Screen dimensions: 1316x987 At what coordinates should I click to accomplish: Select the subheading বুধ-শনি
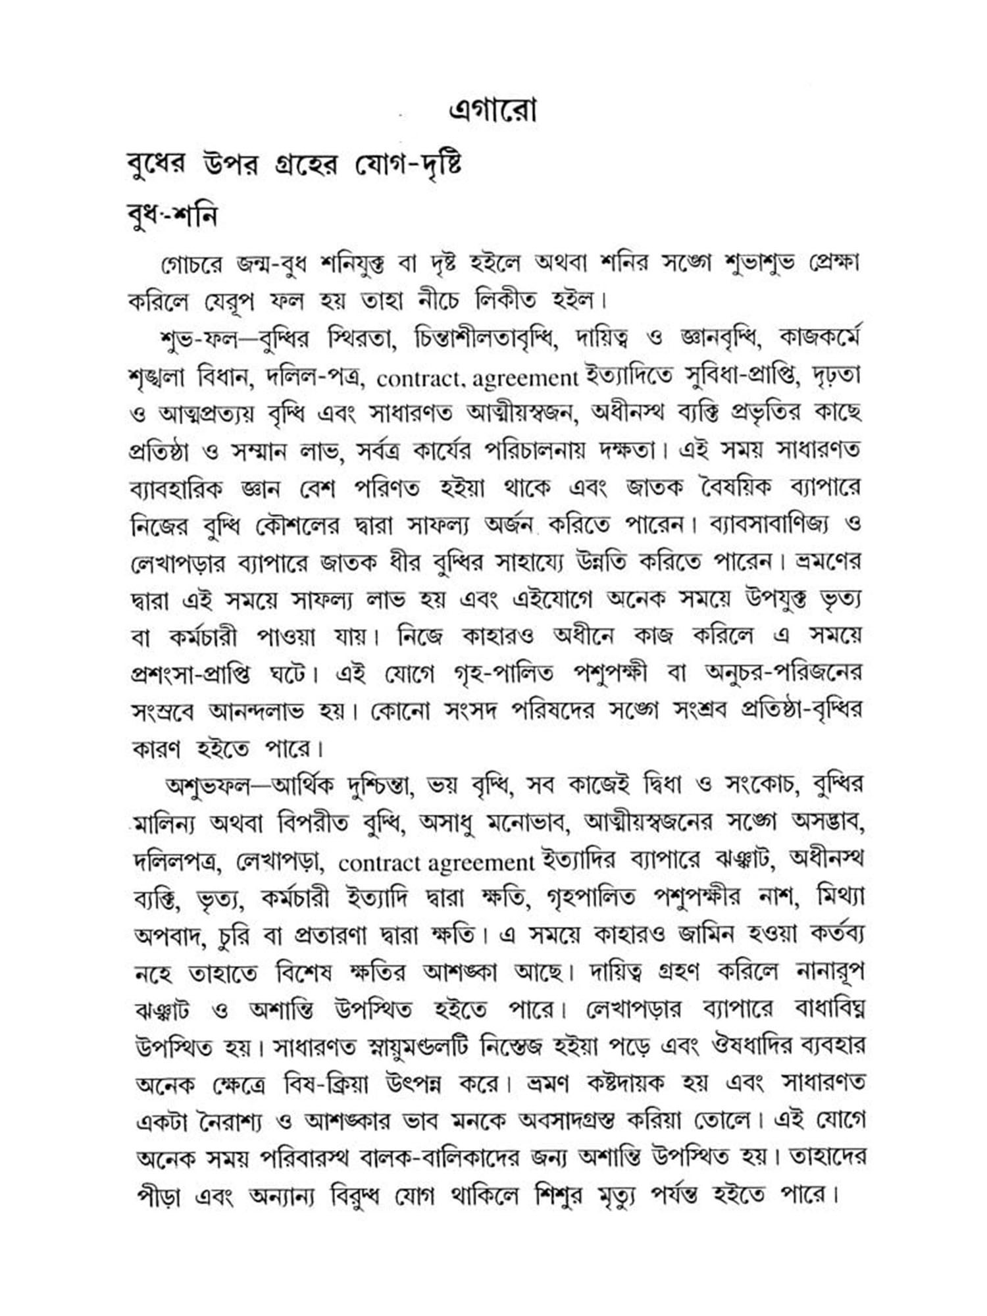(x=172, y=215)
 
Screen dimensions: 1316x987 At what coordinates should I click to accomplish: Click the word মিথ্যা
(x=839, y=897)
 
